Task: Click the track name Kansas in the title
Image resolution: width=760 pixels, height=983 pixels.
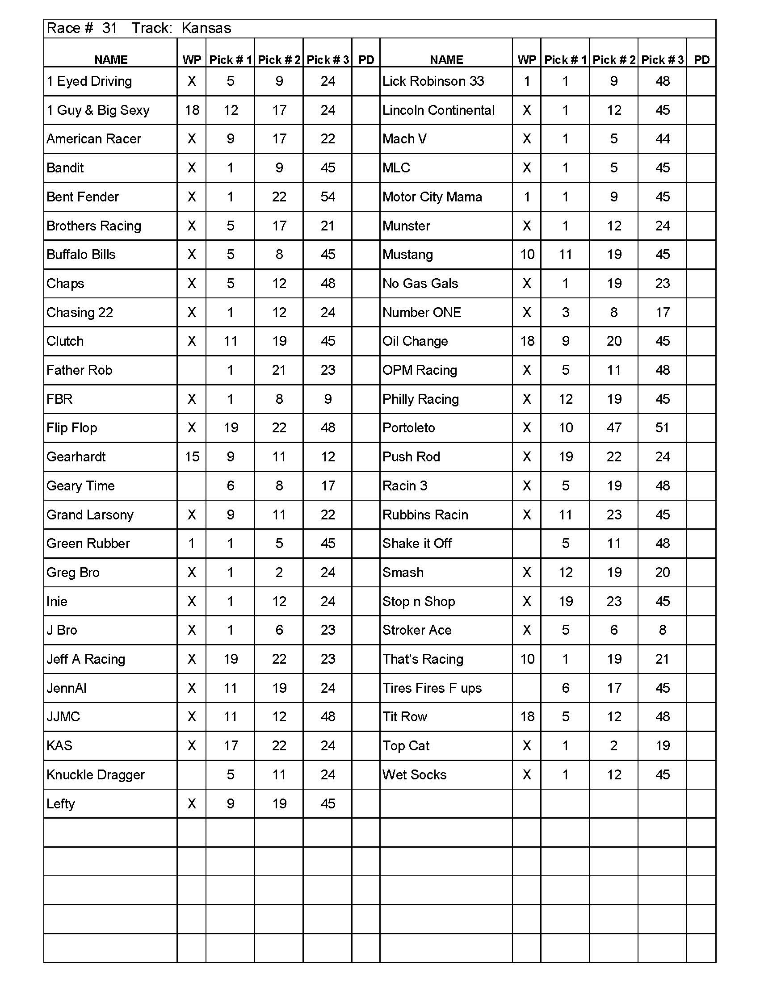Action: pos(206,28)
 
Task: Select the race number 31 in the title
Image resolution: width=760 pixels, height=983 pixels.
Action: pos(109,28)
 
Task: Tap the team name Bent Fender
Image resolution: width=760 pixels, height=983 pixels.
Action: pos(82,197)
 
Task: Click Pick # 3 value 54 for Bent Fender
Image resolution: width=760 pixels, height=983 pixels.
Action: pos(328,197)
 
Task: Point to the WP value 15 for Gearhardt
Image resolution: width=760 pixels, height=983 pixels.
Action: pos(192,457)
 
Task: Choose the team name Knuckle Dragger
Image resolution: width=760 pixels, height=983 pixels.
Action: pos(96,774)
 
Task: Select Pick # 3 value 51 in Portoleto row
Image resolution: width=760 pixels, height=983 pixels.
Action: pos(662,427)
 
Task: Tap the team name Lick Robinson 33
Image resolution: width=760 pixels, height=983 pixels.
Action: pos(433,81)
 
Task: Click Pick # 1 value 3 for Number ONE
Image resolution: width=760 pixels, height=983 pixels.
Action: pos(566,312)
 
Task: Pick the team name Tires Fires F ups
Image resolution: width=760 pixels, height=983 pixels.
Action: pos(432,688)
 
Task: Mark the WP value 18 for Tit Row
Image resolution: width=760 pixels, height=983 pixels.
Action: pos(527,716)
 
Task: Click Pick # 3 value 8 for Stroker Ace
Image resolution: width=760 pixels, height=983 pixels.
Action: pos(662,630)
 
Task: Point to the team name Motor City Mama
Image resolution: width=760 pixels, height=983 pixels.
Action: pos(432,197)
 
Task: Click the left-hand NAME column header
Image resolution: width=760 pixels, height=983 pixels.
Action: pos(111,60)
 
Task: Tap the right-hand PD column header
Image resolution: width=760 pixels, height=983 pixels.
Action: pos(701,60)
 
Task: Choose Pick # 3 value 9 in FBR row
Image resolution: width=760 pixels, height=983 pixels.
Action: pos(328,399)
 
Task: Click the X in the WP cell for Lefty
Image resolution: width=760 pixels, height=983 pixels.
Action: pos(192,803)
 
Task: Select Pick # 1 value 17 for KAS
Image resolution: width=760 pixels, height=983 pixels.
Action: pos(231,746)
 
